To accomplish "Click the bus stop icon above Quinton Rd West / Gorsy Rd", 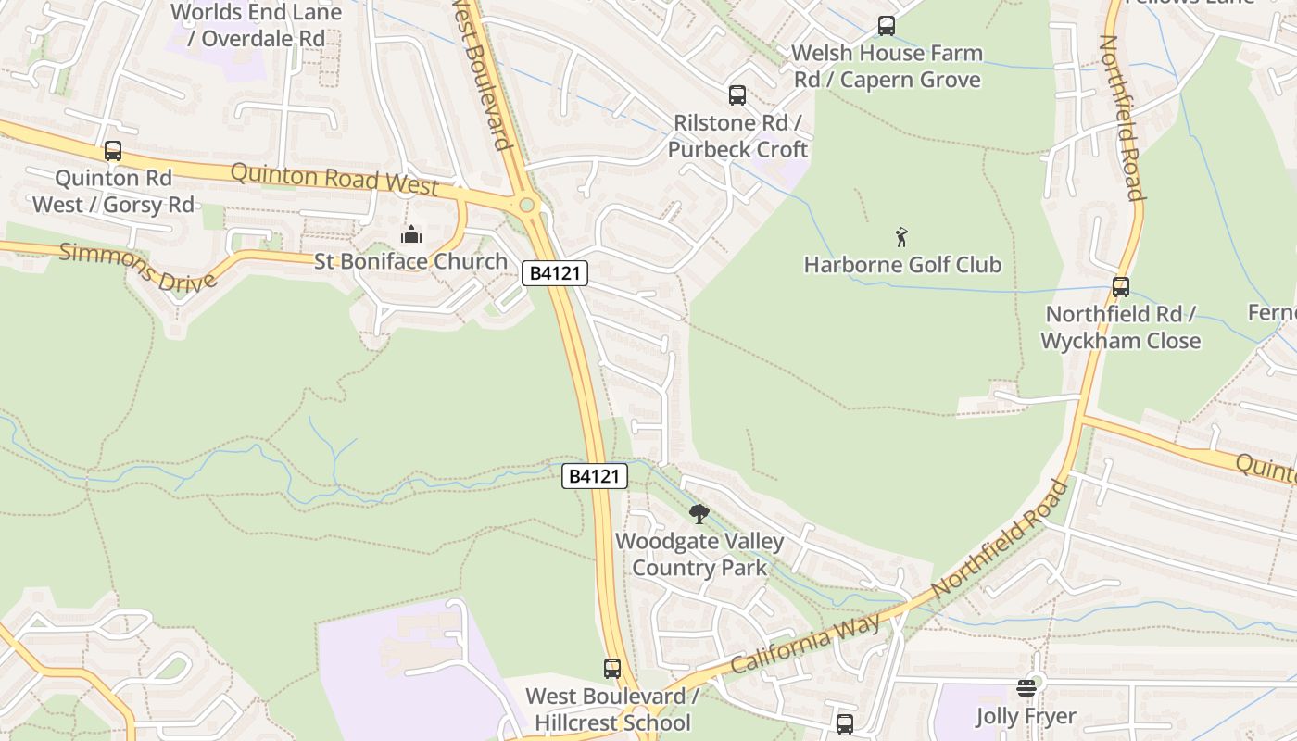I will pyautogui.click(x=113, y=150).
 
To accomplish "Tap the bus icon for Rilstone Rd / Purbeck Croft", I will pyautogui.click(x=737, y=94).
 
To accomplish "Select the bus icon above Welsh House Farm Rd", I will pyautogui.click(x=887, y=26).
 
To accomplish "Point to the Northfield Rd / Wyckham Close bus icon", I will pyautogui.click(x=1121, y=287).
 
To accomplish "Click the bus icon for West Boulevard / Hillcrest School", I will pyautogui.click(x=612, y=668).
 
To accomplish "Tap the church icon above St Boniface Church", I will pyautogui.click(x=411, y=234).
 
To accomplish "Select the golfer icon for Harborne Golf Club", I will pyautogui.click(x=902, y=238).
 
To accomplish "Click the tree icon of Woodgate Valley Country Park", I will pyautogui.click(x=699, y=514).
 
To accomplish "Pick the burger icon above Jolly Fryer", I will pyautogui.click(x=1026, y=688).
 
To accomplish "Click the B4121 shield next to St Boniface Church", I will pyautogui.click(x=555, y=273).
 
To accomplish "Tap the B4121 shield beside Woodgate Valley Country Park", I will pyautogui.click(x=595, y=476).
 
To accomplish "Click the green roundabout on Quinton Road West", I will pyautogui.click(x=527, y=205).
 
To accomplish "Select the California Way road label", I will pyautogui.click(x=806, y=643).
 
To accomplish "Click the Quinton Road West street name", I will pyautogui.click(x=334, y=178).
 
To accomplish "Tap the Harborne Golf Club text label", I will pyautogui.click(x=902, y=265).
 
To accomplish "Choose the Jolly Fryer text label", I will pyautogui.click(x=1026, y=716).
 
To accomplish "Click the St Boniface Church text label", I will pyautogui.click(x=411, y=261).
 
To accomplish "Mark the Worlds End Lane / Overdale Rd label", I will pyautogui.click(x=257, y=25).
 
